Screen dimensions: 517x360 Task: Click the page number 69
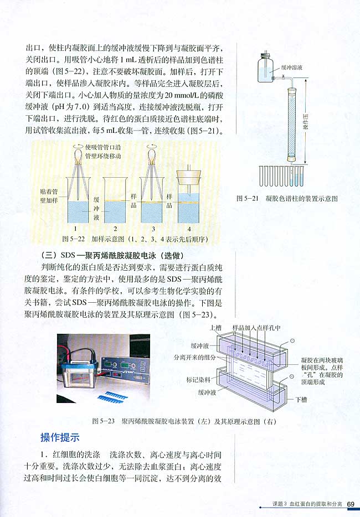[x=351, y=504]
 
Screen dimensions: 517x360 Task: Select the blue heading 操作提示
[x=60, y=437]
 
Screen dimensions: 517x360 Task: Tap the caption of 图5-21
[x=287, y=198]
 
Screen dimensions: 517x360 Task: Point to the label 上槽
[x=217, y=328]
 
